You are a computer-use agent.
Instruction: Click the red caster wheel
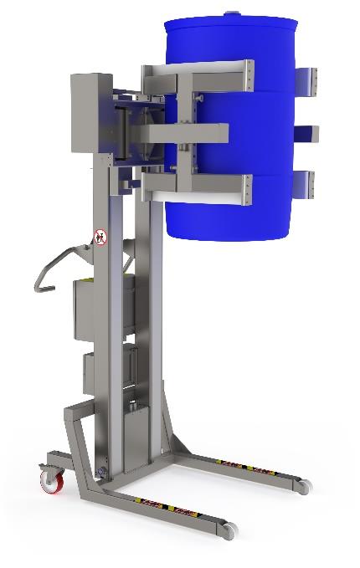click(x=52, y=479)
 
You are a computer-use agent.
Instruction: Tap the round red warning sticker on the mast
click(x=101, y=237)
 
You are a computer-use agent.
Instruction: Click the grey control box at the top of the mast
click(x=90, y=112)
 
